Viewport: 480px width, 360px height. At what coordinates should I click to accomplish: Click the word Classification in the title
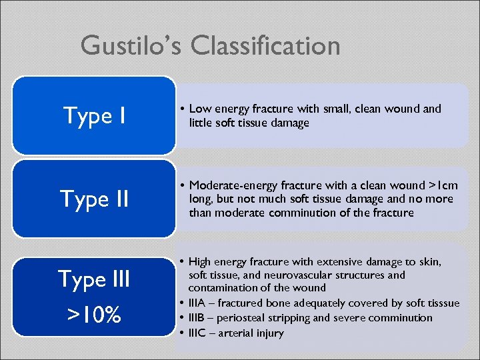point(265,46)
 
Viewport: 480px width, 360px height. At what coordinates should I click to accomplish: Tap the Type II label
point(94,199)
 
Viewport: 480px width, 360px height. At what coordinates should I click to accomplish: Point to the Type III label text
point(94,279)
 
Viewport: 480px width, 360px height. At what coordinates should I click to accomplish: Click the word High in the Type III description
point(201,261)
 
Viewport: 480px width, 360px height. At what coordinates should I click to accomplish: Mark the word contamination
point(221,288)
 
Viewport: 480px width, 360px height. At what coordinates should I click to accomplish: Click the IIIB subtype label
point(199,318)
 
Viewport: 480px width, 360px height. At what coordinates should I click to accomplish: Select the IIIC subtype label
point(199,333)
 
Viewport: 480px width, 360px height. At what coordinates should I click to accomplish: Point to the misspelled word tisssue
point(442,303)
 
